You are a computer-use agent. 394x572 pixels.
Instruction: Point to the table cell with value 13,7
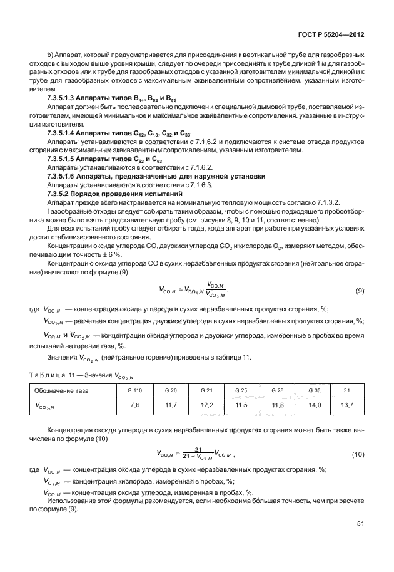pyautogui.click(x=346, y=405)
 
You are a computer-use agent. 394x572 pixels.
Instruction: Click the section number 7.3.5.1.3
pyautogui.click(x=62, y=100)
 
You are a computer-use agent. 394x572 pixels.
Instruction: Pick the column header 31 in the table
pyautogui.click(x=346, y=390)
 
